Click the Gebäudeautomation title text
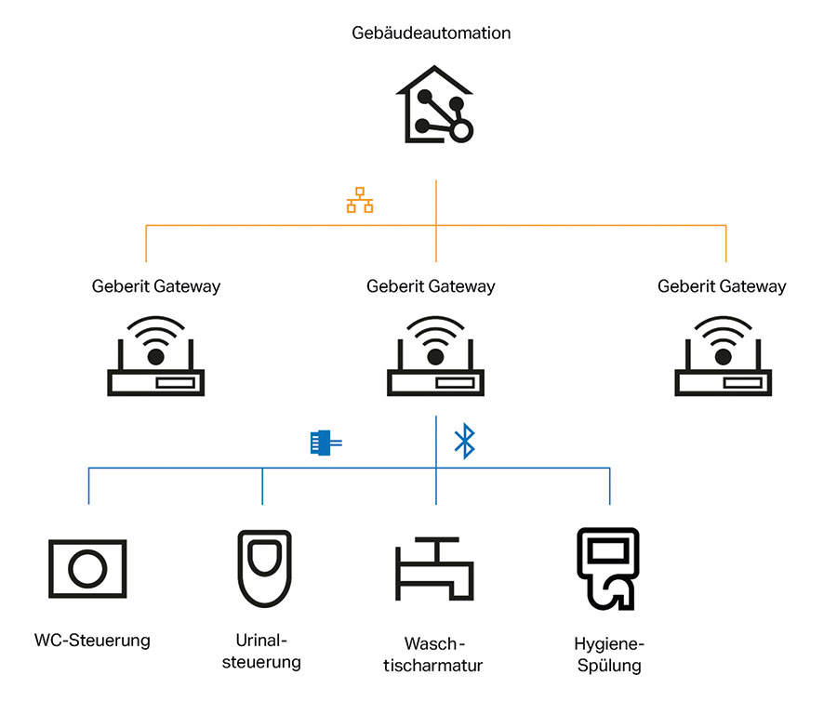click(431, 33)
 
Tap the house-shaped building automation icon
click(434, 105)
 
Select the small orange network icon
click(360, 201)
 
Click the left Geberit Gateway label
click(156, 286)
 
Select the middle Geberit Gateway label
click(431, 286)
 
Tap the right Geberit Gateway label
click(722, 286)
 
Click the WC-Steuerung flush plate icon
click(87, 569)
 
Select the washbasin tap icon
click(434, 569)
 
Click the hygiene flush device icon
click(609, 567)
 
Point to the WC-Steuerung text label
click(92, 640)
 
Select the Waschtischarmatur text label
click(433, 655)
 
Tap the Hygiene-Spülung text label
click(609, 655)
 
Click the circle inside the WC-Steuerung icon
click(87, 569)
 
